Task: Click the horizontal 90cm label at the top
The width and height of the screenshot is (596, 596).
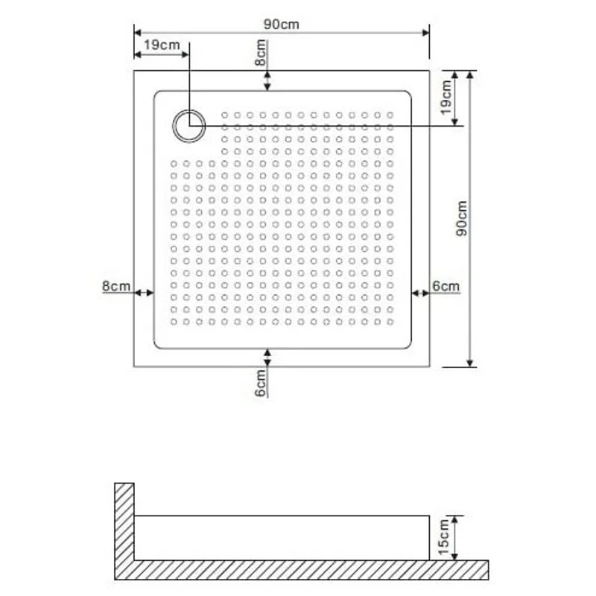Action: pos(281,24)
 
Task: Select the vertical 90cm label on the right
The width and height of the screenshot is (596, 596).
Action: pos(462,218)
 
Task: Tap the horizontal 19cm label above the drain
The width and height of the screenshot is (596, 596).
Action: pos(161,45)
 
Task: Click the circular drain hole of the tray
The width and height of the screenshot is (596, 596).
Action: pos(189,125)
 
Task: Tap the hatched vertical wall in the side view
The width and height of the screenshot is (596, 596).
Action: pos(124,521)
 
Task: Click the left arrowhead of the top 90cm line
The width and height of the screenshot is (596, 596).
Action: pos(139,32)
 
